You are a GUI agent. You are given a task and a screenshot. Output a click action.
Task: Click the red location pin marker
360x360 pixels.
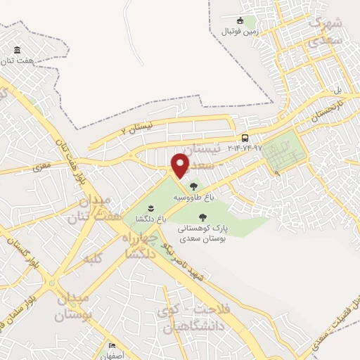tap(181, 165)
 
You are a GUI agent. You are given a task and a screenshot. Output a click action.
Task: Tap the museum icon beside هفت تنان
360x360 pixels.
tap(17, 51)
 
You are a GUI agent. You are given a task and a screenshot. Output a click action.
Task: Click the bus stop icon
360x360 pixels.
tap(244, 138)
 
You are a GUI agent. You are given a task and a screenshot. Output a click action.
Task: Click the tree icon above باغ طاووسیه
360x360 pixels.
tap(193, 187)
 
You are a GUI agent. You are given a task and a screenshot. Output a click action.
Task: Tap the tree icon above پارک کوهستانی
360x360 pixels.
tap(202, 217)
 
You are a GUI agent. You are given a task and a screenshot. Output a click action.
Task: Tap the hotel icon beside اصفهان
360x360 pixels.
tap(110, 345)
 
